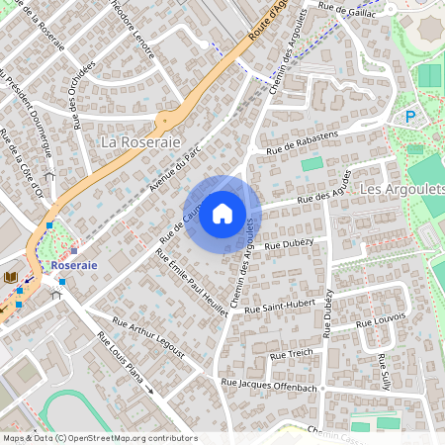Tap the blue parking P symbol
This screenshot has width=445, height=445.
point(410,117)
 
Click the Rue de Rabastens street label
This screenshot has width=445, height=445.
point(302,142)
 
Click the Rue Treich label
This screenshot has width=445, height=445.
point(292,352)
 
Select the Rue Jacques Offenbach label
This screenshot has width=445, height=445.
point(269,385)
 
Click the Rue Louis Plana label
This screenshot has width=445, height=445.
point(120,357)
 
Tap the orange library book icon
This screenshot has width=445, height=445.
point(11,277)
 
